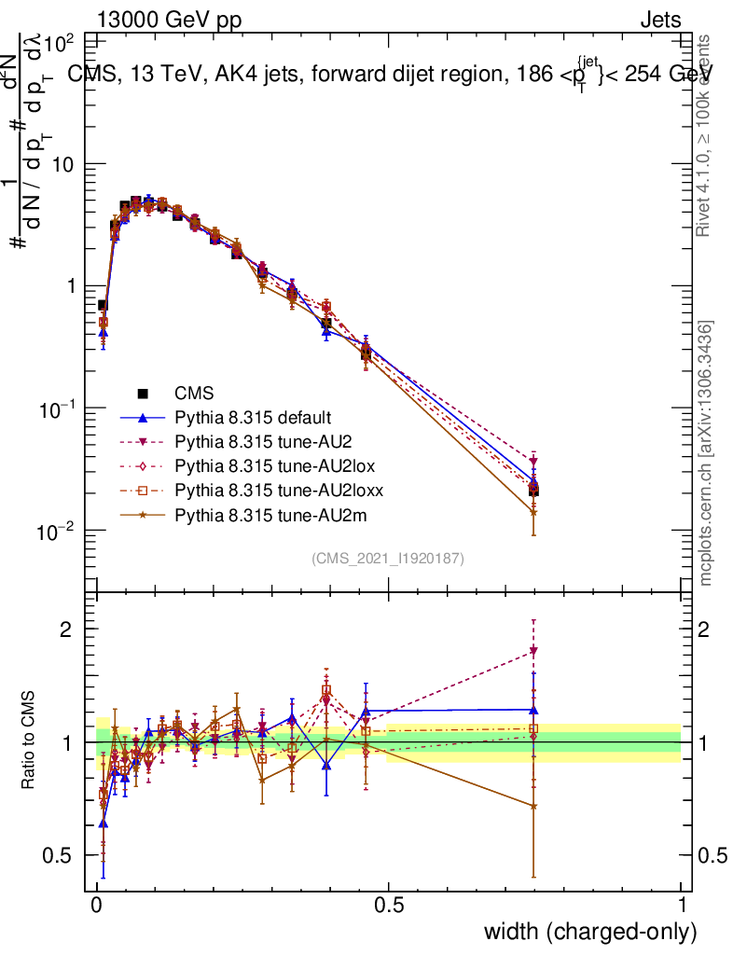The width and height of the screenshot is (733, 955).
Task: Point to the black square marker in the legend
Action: pos(143,394)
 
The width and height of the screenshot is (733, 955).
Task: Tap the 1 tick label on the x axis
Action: pos(682,905)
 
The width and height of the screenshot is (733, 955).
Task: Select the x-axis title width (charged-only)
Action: pos(590,931)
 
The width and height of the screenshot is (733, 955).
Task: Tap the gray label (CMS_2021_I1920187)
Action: pos(388,559)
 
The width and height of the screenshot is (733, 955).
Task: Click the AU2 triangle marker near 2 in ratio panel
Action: pos(533,651)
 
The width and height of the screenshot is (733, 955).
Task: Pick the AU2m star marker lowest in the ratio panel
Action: pos(533,806)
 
